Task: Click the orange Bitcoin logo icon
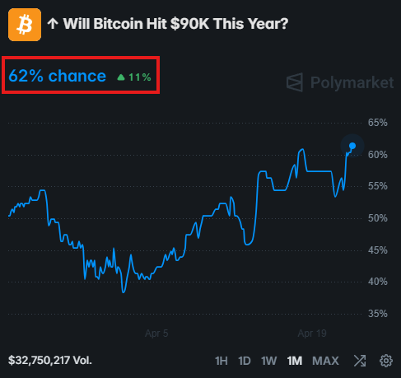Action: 25,25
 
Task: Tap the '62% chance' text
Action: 57,77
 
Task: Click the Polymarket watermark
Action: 340,82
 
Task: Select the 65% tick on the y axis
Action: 376,123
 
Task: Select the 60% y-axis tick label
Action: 376,155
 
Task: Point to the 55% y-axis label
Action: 376,186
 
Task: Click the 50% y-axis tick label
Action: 376,218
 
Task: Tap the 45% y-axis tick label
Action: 376,250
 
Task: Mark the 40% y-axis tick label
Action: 376,282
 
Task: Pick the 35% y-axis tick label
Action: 376,313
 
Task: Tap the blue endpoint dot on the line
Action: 352,146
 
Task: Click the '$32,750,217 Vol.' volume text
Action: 50,361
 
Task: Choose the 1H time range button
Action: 221,361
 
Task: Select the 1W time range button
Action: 268,361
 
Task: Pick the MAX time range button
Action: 325,361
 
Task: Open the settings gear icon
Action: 385,361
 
